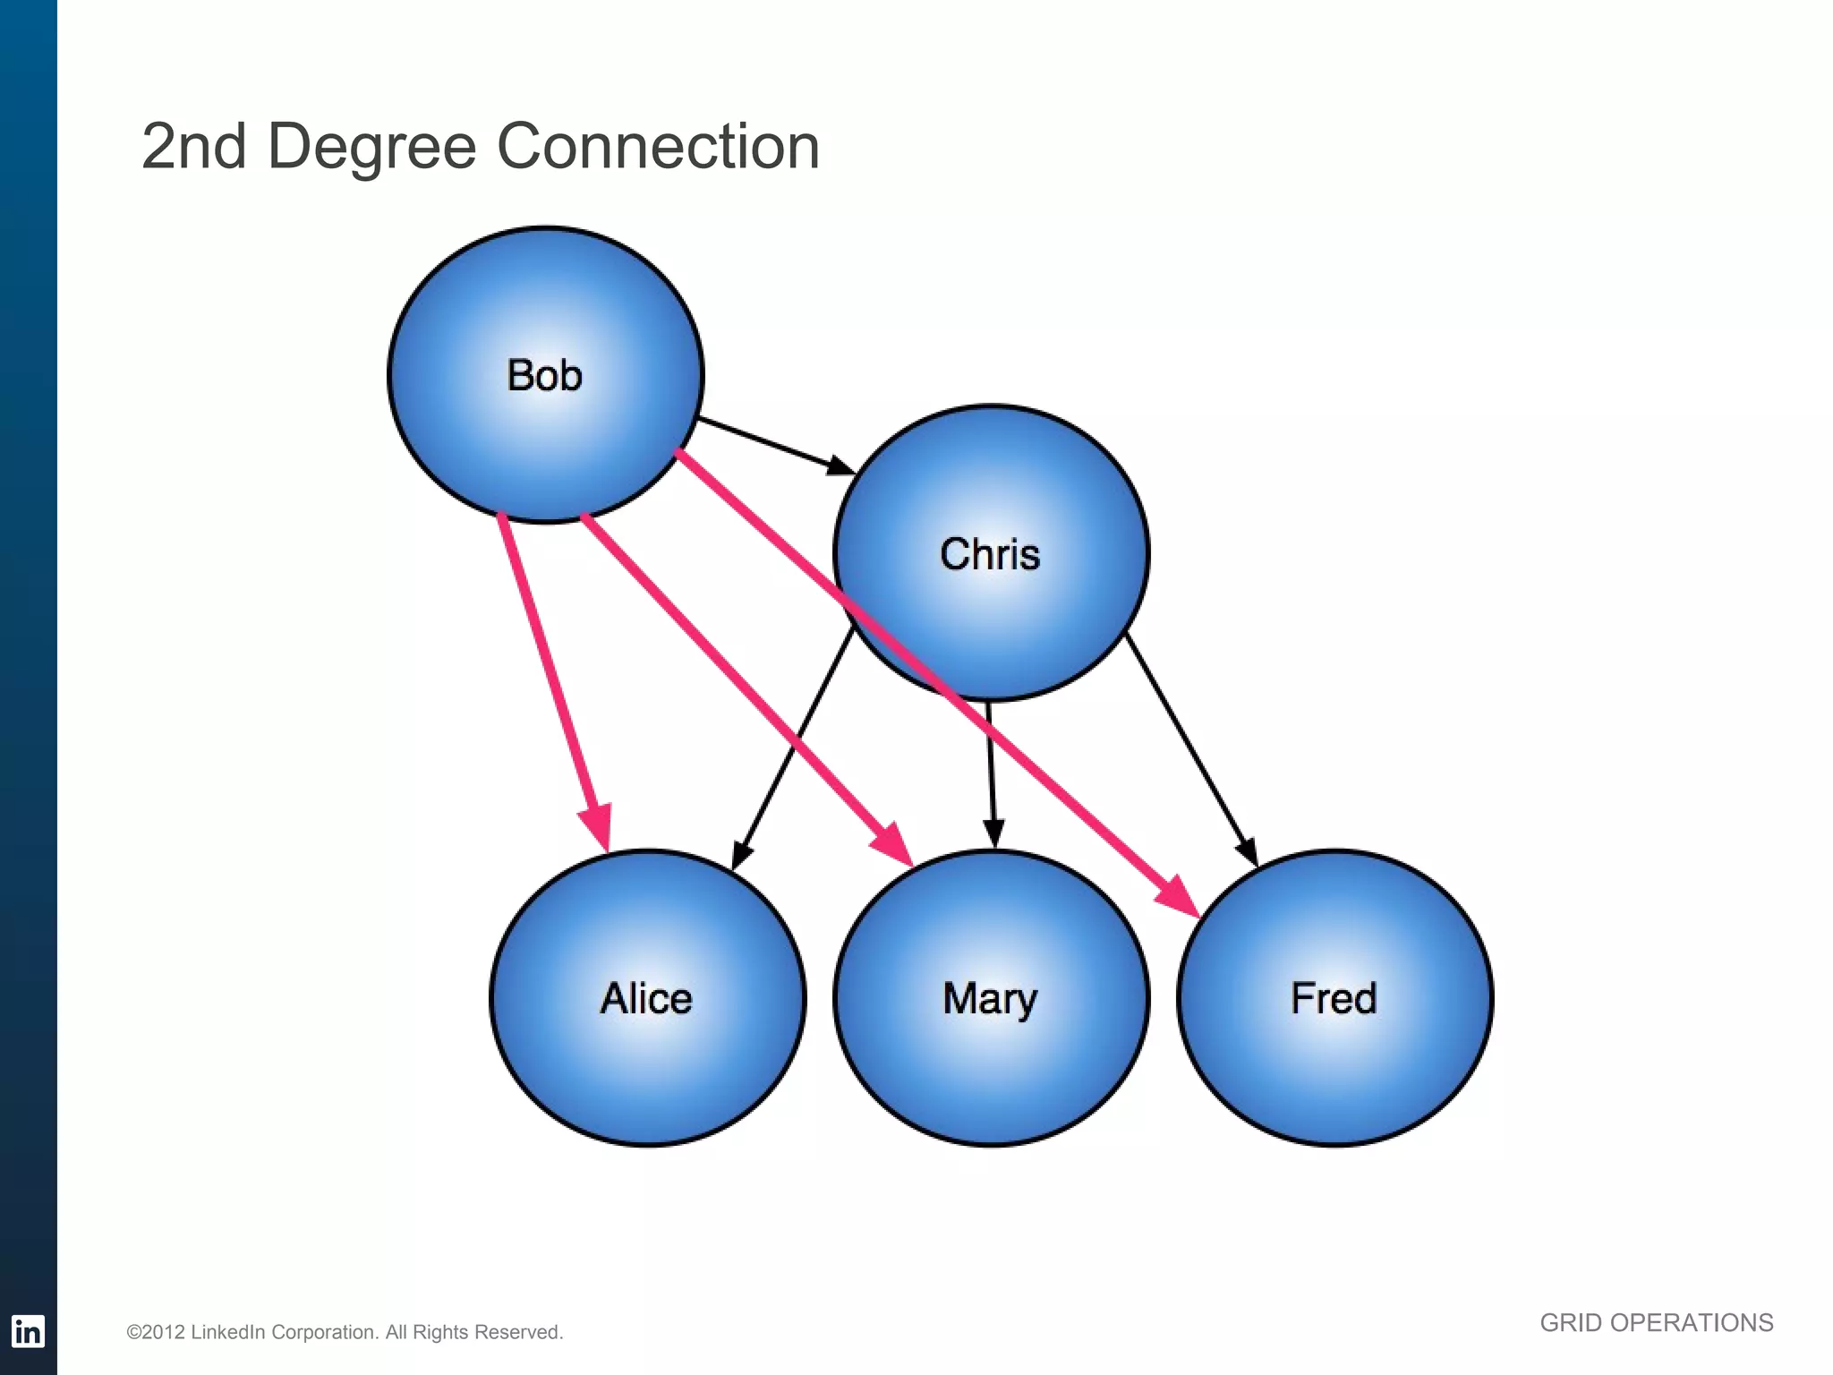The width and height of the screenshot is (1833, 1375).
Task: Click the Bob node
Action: [545, 374]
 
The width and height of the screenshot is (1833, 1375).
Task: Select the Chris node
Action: [990, 553]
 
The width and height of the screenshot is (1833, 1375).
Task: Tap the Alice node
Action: [647, 997]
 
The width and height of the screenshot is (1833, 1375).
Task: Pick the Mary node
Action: [991, 997]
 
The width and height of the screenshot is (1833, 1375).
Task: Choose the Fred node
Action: [1334, 997]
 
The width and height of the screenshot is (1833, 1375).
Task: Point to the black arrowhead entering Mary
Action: [993, 833]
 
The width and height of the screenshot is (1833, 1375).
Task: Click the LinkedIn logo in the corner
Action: [28, 1331]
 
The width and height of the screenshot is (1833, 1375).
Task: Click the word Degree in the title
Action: [371, 147]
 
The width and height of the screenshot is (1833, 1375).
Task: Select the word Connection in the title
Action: [658, 147]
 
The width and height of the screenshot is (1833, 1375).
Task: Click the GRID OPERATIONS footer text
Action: [1656, 1323]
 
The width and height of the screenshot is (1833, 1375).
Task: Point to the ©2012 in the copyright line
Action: [156, 1333]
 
